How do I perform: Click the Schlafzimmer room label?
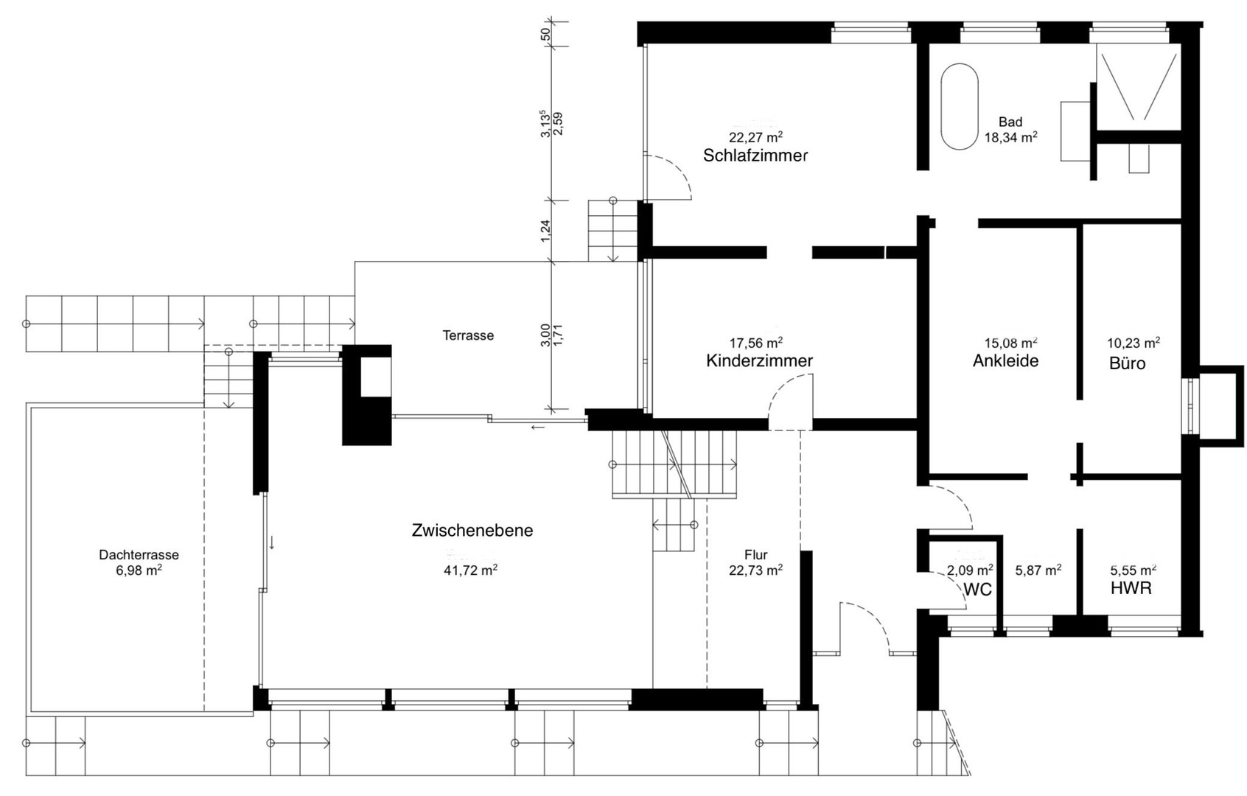(x=755, y=156)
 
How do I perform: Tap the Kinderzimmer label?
(x=759, y=360)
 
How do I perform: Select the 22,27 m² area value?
(x=756, y=136)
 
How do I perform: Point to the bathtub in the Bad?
(x=959, y=106)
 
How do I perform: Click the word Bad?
(x=1010, y=122)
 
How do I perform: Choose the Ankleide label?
(x=1005, y=360)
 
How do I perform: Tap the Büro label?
(x=1128, y=363)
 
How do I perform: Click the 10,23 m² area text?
(x=1134, y=342)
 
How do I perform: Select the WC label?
(x=977, y=590)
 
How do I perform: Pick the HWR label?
(x=1131, y=588)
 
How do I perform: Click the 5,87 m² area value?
(x=1038, y=570)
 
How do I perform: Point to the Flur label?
(x=756, y=555)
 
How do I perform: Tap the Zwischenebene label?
(x=472, y=531)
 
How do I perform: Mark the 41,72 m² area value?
(x=470, y=570)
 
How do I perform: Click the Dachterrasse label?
(x=139, y=555)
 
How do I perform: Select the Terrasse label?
(x=468, y=335)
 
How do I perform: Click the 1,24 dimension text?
(x=545, y=231)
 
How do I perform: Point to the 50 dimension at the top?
(x=545, y=34)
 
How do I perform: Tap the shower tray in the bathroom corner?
(x=1139, y=87)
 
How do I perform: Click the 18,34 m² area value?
(x=1010, y=138)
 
